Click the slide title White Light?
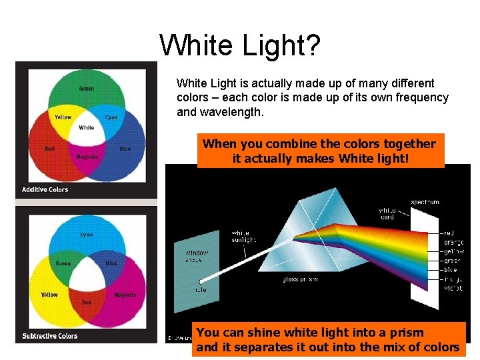click(x=240, y=45)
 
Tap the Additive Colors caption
click(x=45, y=189)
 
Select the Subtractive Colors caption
click(x=49, y=336)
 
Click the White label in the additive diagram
click(x=87, y=127)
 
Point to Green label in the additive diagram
click(x=87, y=89)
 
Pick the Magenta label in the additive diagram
click(x=87, y=157)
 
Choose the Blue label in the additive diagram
click(x=125, y=149)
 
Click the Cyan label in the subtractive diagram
click(x=87, y=235)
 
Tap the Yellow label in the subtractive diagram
click(x=49, y=295)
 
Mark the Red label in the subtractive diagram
click(x=87, y=303)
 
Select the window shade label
click(x=196, y=257)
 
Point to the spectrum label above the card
click(x=424, y=202)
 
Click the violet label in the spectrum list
click(x=453, y=289)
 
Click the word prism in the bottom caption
click(x=407, y=332)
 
